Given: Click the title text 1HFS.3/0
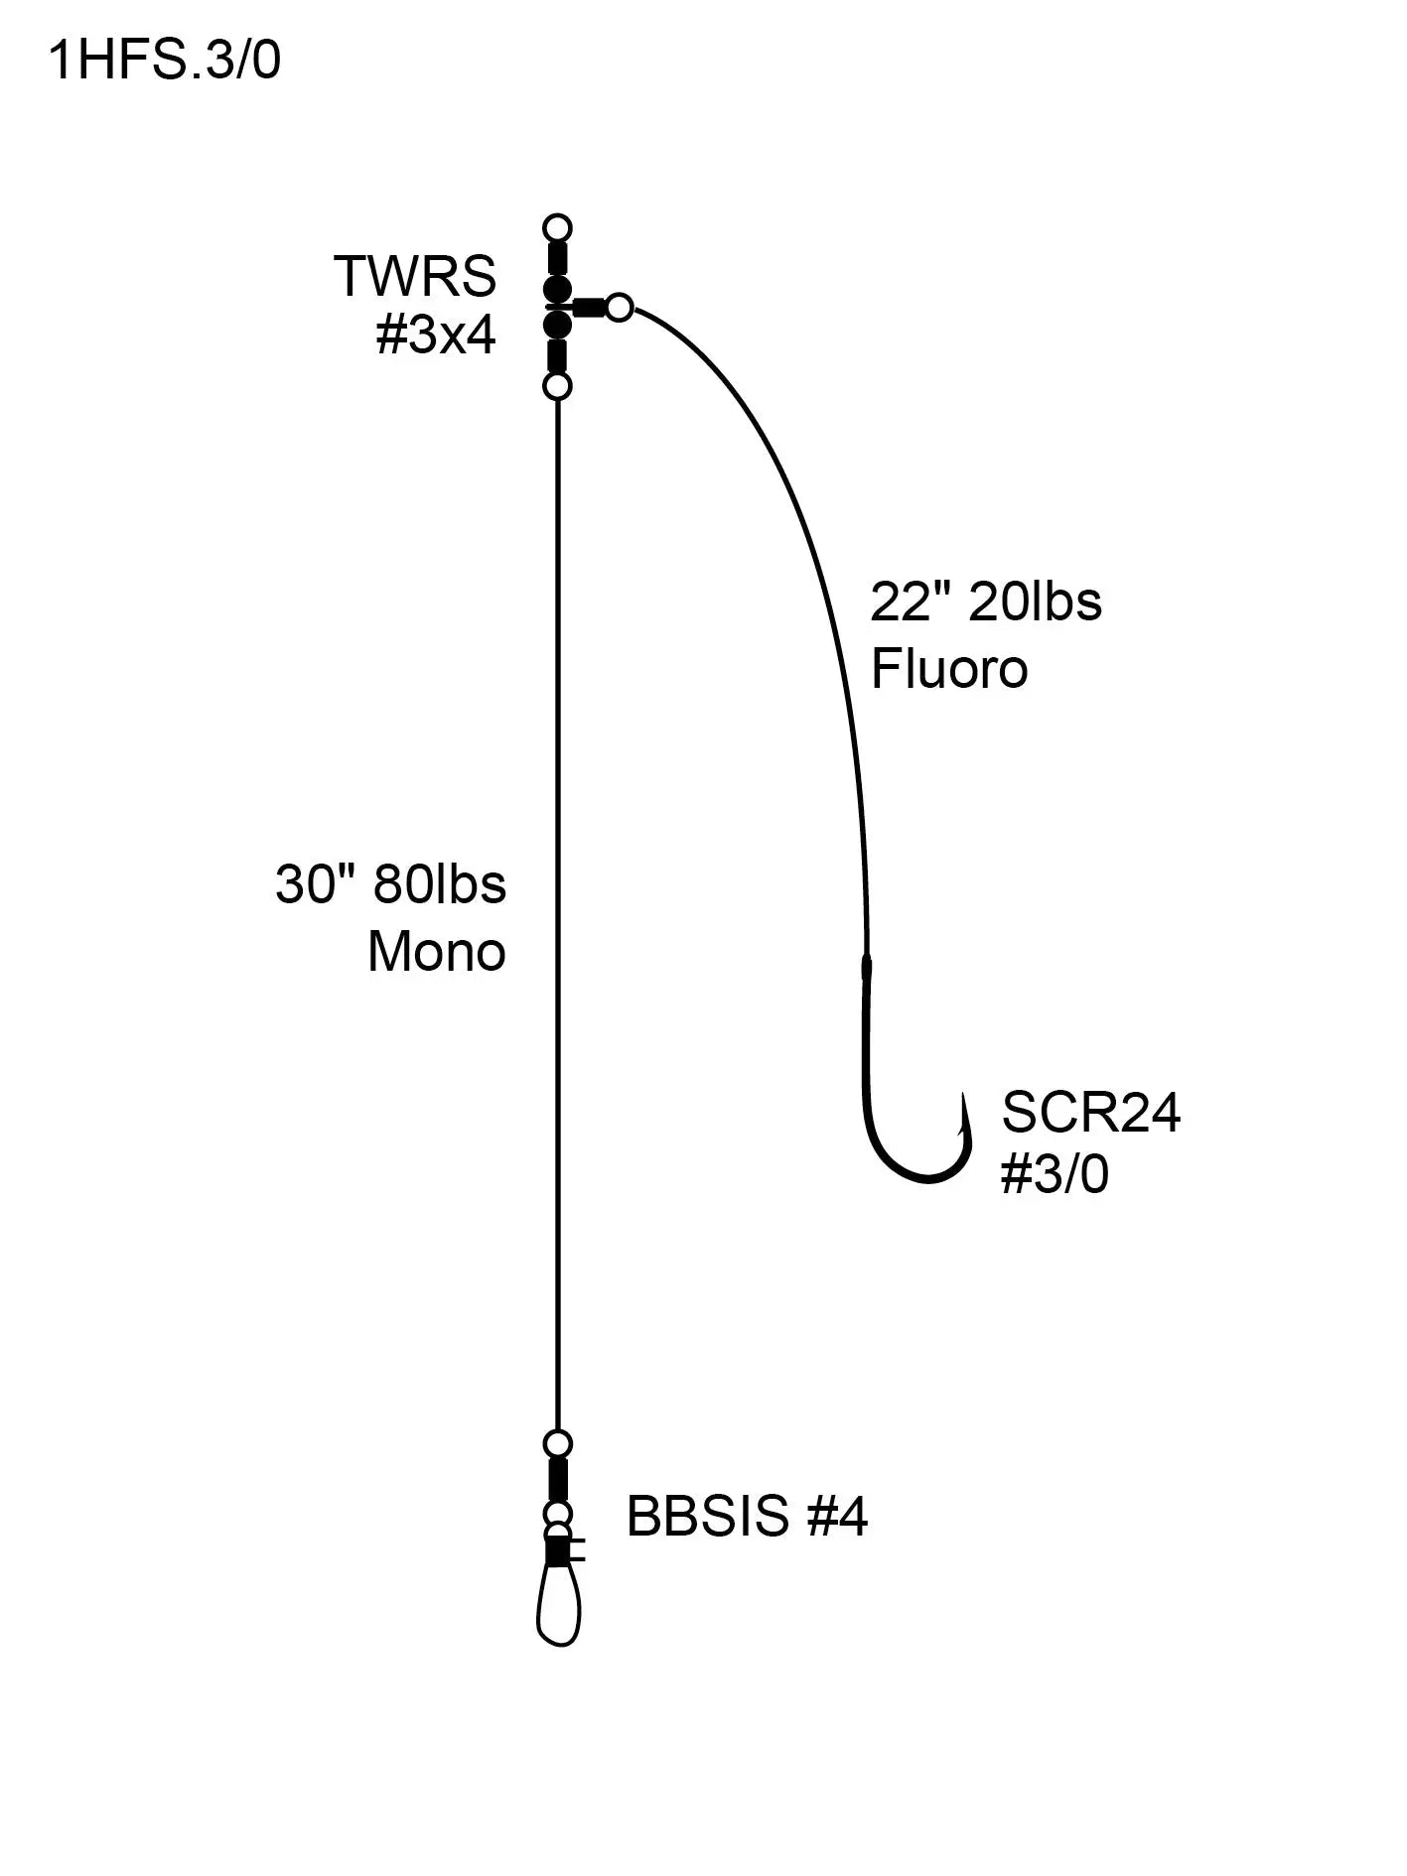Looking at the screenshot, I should point(165,62).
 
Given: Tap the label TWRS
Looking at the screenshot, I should point(415,276).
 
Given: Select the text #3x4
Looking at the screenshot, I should point(435,336).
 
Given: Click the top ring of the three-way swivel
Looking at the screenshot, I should point(558,227).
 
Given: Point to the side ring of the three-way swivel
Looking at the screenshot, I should point(619,308).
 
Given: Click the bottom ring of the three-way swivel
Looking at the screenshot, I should point(558,386).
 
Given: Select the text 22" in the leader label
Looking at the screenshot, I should point(906,602).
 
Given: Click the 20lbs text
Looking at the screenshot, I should point(1035,602).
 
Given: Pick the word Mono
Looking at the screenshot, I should point(437,952).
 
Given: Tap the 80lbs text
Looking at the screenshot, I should point(440,883).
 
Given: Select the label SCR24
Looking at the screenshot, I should point(1090,1112).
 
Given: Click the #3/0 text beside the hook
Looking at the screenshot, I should point(1055,1175).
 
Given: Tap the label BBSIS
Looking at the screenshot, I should point(708,1517).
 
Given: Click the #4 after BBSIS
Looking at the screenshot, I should point(837,1517).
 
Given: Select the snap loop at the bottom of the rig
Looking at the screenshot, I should point(558,1608).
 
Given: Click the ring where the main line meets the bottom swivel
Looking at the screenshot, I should point(558,1443).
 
